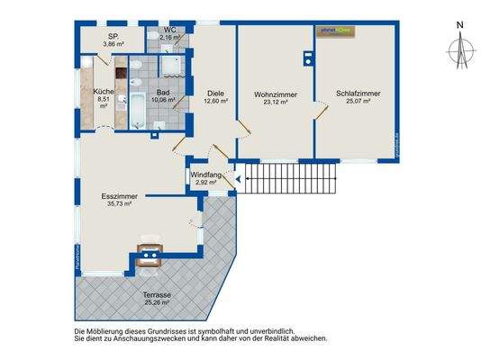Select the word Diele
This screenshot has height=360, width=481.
pyautogui.click(x=215, y=94)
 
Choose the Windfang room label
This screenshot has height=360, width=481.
pyautogui.click(x=206, y=174)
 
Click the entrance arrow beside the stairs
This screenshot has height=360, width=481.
pyautogui.click(x=237, y=178)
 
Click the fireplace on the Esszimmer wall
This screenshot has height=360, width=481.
pyautogui.click(x=147, y=255)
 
